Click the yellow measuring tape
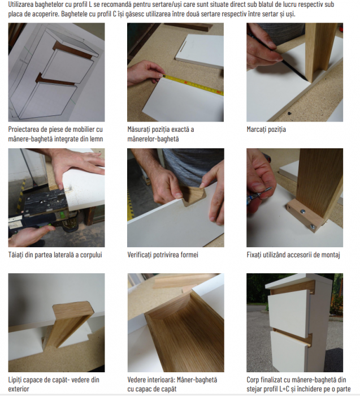[193, 85]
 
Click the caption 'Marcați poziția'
[266, 130]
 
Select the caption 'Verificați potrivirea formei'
[163, 255]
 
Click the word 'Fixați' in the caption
[254, 255]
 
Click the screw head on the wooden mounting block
[303, 211]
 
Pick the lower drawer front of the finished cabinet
[289, 351]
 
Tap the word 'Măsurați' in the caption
[140, 130]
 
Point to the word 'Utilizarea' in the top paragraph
[21, 5]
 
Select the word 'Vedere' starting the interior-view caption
[136, 380]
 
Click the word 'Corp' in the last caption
[252, 380]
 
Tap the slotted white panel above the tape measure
[199, 50]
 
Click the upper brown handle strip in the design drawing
[72, 50]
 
